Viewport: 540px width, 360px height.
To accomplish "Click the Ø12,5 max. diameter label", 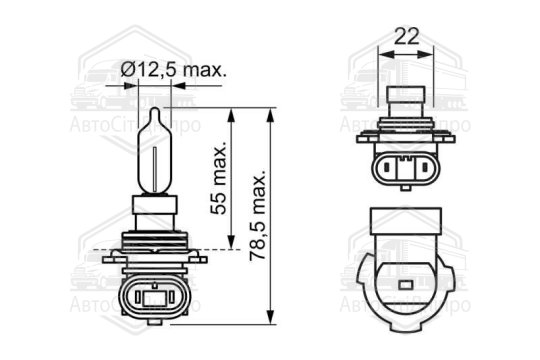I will tap(173, 69).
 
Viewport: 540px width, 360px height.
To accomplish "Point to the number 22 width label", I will tap(405, 36).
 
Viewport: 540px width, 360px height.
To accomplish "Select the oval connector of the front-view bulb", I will tap(155, 296).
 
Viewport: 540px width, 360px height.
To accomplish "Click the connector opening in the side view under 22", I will tap(406, 169).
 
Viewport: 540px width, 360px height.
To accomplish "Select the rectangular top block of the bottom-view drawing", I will tap(406, 223).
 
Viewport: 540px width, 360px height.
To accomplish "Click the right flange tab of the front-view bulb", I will tap(199, 258).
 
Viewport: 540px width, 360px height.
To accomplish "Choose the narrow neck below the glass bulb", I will tap(155, 212).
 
